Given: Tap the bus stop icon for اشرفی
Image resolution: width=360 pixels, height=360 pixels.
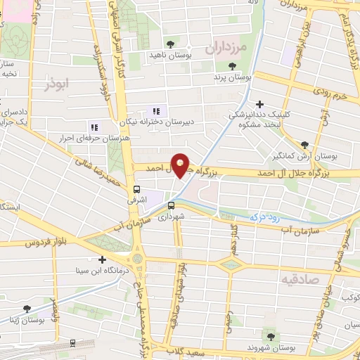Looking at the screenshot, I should pos(136,189).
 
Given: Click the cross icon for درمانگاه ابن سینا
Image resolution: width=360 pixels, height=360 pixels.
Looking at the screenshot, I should pos(102,259).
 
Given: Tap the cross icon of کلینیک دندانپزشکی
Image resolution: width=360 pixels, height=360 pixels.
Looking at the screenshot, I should pos(261,105).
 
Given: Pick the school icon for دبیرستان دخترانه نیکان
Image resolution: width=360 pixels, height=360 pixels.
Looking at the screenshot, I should pos(156,110).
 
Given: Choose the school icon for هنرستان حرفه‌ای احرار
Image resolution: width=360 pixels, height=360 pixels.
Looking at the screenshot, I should pos(94,127).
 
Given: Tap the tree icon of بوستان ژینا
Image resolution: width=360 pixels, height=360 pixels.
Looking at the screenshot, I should pos(27,309).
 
